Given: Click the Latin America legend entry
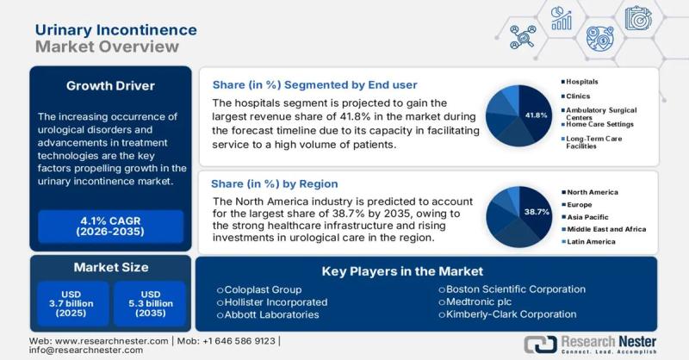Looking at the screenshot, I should point(591,242).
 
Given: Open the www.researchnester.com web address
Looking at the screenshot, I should point(95,340).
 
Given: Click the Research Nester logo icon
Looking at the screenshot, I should point(538,344).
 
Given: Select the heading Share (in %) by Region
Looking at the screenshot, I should point(275,184).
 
